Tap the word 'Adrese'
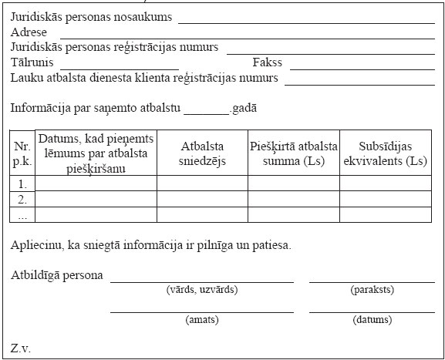[29, 33]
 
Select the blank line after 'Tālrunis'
[120, 66]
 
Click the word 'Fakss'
[268, 62]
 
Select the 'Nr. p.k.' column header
[22, 153]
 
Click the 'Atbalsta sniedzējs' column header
[202, 153]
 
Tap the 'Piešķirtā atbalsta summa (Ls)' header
[293, 153]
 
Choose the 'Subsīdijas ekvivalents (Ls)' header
[385, 153]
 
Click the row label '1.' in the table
[22, 184]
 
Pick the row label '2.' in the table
[22, 199]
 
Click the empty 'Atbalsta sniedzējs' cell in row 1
[202, 183]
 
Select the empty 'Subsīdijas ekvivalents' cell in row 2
[385, 198]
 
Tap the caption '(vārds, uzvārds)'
[201, 290]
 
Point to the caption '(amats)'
[201, 319]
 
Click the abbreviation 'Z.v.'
[21, 348]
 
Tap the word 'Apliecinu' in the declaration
[35, 246]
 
